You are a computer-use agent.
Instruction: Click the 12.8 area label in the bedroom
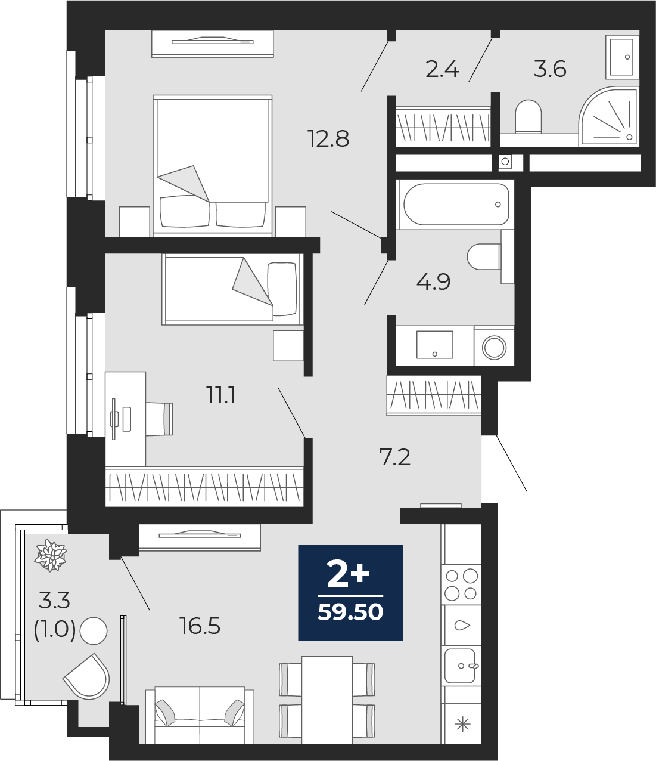point(329,139)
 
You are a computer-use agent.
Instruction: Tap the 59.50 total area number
point(350,612)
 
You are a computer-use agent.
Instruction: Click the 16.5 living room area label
point(200,626)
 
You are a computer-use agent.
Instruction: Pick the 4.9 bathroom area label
point(433,282)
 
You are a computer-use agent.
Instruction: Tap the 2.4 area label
point(442,70)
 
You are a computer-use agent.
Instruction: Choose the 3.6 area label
point(550,69)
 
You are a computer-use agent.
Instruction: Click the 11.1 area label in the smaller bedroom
point(222,396)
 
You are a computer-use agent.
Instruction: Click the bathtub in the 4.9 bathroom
point(456,205)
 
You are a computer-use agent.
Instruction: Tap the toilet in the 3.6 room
point(528,116)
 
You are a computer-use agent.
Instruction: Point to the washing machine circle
point(494,347)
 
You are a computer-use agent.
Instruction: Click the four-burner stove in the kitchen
point(461,584)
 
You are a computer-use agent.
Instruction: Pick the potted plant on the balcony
point(51,555)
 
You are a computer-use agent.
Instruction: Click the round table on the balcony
point(94,630)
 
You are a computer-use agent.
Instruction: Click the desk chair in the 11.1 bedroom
point(159,419)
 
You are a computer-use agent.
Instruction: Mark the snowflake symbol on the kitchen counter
point(462,725)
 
